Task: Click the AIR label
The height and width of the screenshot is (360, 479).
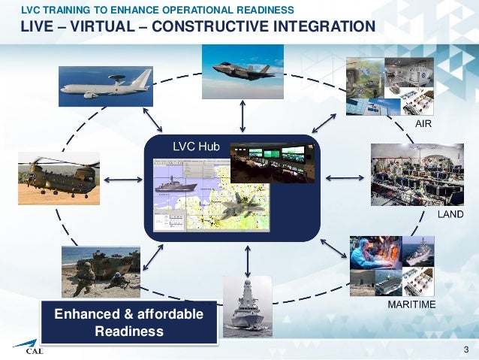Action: tap(423, 123)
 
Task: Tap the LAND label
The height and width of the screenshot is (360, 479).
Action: tap(450, 215)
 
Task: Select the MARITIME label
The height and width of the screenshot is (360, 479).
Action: tap(411, 306)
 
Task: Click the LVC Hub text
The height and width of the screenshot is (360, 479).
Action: tap(196, 147)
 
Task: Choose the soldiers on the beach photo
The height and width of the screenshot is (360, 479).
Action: tap(100, 271)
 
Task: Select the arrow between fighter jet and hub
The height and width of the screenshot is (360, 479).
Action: tap(242, 117)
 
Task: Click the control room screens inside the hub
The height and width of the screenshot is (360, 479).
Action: tap(273, 162)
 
